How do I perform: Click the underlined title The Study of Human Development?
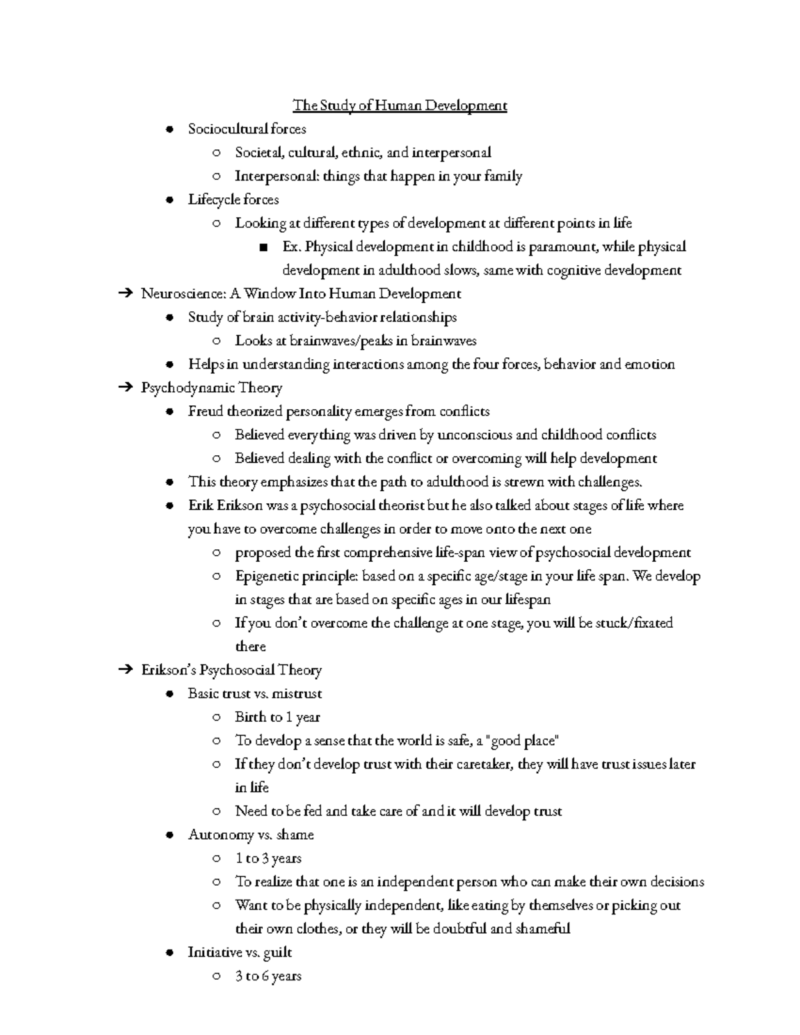point(400,105)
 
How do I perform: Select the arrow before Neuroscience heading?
point(125,294)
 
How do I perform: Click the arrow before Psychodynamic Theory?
point(125,388)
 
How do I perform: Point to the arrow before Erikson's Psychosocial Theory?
point(125,670)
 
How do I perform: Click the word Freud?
point(205,411)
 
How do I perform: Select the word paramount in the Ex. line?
point(565,247)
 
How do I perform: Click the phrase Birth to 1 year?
point(277,717)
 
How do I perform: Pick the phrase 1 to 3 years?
point(268,858)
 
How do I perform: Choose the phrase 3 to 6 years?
point(268,976)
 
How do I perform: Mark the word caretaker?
point(476,764)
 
